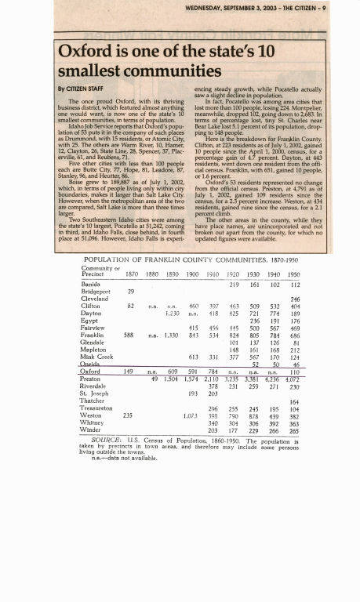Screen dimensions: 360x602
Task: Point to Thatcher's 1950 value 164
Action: point(295,401)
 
